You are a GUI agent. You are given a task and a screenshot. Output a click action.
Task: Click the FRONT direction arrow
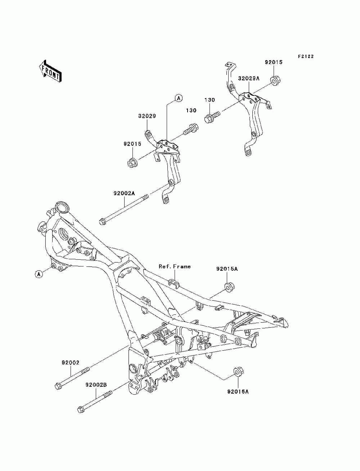[x=50, y=71]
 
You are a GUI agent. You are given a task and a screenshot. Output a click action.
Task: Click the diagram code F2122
[x=306, y=57]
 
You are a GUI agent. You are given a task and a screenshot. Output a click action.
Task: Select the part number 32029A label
[x=249, y=78]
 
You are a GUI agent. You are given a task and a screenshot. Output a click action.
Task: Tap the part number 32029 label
[x=147, y=116]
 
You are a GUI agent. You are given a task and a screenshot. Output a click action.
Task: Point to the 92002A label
[x=124, y=193]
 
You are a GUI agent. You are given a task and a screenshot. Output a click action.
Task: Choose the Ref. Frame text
[x=175, y=266]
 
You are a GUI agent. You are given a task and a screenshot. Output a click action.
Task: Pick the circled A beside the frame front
[x=39, y=274]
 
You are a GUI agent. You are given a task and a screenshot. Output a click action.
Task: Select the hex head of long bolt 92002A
[x=102, y=222]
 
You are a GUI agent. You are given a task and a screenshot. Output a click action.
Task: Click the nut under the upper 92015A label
[x=229, y=287]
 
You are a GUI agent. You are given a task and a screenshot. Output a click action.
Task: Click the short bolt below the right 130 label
[x=212, y=117]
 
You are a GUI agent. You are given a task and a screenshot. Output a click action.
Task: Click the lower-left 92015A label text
[x=238, y=392]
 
